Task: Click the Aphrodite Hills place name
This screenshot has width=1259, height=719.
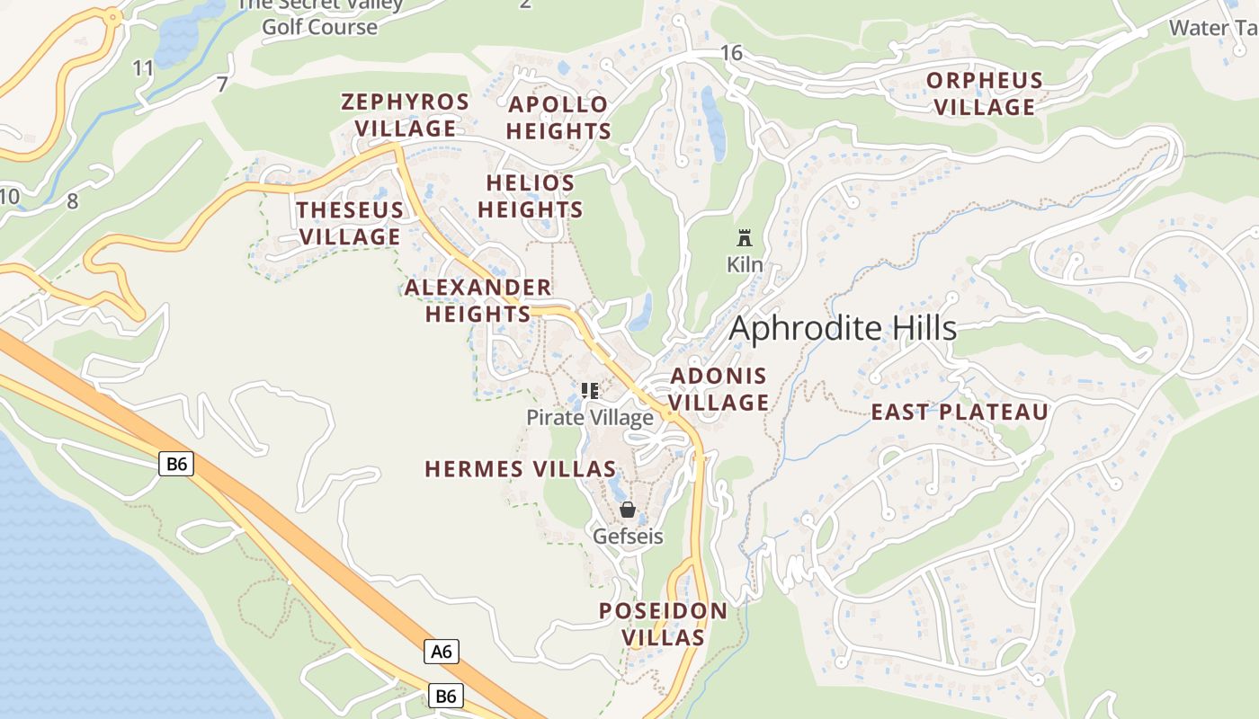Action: pos(843,328)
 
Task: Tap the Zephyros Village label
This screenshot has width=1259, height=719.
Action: pos(405,115)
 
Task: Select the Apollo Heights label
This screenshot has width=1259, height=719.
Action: pos(558,118)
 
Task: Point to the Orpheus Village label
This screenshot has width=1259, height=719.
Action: pos(985,93)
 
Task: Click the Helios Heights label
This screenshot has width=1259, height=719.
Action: pos(531,196)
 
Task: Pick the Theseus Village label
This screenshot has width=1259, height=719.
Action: pos(350,223)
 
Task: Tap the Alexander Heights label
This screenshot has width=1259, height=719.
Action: pos(478,300)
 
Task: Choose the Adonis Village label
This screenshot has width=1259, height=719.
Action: pos(719,389)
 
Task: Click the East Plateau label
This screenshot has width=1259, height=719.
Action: pos(960,413)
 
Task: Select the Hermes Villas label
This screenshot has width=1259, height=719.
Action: pos(521,469)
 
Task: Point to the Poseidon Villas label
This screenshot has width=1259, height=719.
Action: pos(664,624)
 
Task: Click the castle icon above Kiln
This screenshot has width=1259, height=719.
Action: pos(744,239)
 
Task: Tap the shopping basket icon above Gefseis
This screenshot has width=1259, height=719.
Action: pos(628,510)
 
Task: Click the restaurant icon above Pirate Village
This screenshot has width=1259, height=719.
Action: pos(590,391)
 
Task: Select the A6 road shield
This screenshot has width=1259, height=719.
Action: pos(442,651)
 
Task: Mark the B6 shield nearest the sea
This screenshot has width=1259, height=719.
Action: pos(176,464)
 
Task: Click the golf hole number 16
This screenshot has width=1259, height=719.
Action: pos(732,53)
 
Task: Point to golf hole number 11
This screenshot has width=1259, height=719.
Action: pos(143,67)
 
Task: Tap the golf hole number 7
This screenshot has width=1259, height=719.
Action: pos(222,84)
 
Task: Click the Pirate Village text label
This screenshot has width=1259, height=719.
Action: pos(590,418)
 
